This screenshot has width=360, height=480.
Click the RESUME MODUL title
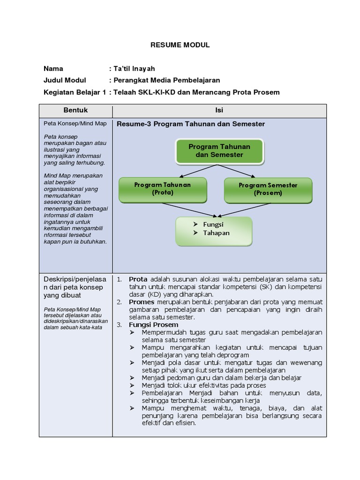click(180, 45)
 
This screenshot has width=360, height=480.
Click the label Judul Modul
click(65, 80)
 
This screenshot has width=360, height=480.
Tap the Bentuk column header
click(75, 110)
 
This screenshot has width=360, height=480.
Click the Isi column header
click(219, 110)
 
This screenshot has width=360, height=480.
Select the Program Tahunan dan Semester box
click(219, 150)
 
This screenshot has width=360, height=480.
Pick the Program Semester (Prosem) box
click(268, 188)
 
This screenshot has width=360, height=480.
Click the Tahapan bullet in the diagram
click(216, 233)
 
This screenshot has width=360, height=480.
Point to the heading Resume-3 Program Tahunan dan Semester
click(190, 124)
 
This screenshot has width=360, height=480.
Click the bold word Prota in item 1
click(138, 279)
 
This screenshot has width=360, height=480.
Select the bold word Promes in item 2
click(141, 302)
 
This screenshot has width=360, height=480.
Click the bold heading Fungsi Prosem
click(153, 324)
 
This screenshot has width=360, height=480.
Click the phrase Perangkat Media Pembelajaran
click(166, 80)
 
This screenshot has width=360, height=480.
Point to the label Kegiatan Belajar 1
click(75, 92)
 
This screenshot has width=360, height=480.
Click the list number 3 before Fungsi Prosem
click(119, 324)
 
